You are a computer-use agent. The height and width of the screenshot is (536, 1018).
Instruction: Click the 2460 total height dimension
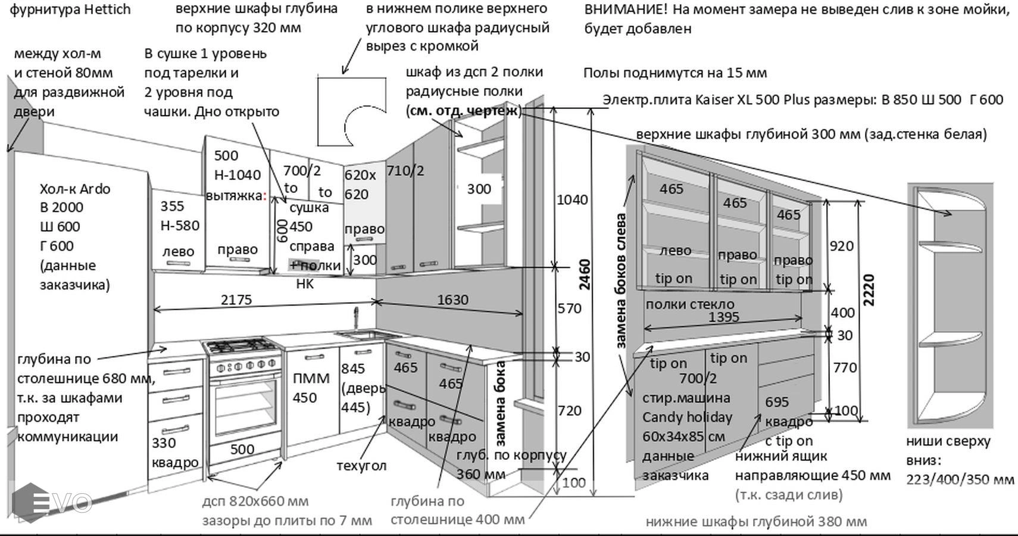click(x=585, y=275)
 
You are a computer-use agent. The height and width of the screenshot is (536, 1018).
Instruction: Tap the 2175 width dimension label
click(x=236, y=300)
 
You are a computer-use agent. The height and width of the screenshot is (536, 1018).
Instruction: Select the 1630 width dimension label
click(x=452, y=300)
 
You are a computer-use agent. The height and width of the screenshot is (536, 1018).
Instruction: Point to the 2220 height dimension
click(x=869, y=290)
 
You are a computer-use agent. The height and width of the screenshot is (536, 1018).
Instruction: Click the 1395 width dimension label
click(x=723, y=317)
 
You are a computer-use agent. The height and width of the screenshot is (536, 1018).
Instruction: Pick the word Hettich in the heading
click(x=107, y=10)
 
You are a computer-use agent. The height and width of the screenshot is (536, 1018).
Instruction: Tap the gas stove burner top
click(x=242, y=345)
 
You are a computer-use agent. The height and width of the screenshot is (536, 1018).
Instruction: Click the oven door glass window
click(x=245, y=405)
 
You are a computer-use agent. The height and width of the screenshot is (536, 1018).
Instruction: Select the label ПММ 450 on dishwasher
click(x=310, y=388)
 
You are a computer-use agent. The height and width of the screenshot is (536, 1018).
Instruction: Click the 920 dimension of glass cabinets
click(x=841, y=246)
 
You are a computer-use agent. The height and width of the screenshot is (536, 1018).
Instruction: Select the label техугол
click(x=361, y=465)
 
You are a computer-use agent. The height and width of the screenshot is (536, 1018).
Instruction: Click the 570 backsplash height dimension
click(x=569, y=308)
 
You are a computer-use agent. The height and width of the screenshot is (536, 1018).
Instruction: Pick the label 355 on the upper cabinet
click(x=172, y=206)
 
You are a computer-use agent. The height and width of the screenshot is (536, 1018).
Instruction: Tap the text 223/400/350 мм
click(x=960, y=479)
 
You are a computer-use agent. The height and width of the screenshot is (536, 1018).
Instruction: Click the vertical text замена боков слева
click(x=620, y=280)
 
